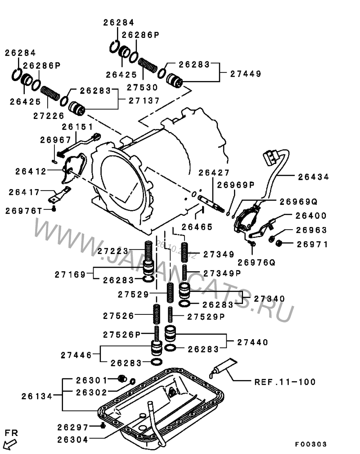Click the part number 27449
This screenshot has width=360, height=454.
(245, 73)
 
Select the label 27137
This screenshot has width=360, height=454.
(144, 101)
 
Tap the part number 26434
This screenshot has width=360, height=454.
(313, 177)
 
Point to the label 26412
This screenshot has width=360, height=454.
(31, 171)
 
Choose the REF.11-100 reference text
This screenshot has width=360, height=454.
(285, 382)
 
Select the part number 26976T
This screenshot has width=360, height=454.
(24, 210)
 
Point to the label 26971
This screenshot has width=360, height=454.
(312, 244)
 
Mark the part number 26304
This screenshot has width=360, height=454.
(72, 439)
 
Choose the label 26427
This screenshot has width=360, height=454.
(214, 173)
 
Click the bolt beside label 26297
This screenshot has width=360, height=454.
(103, 426)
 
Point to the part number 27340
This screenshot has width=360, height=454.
(269, 299)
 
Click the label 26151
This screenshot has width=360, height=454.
(77, 127)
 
